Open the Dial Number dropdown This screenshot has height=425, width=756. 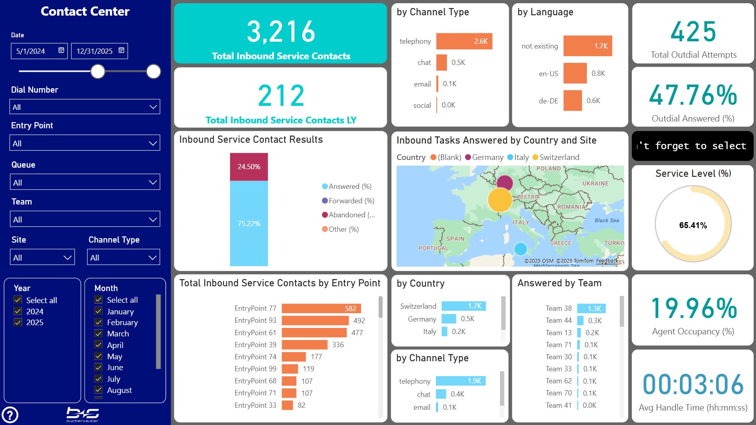(x=85, y=107)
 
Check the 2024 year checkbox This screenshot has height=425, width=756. (x=18, y=311)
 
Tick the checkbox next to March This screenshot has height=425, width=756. (x=99, y=334)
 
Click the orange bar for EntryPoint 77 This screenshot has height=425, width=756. (x=321, y=308)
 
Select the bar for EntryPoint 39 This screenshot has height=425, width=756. (x=304, y=345)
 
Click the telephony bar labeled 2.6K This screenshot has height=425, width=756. (x=464, y=41)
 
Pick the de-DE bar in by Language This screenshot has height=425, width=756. (x=573, y=101)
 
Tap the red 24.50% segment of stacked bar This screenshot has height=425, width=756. (x=249, y=167)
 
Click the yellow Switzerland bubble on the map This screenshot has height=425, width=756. (x=500, y=200)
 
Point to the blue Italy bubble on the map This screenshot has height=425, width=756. (x=520, y=249)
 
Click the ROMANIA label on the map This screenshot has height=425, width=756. (x=571, y=207)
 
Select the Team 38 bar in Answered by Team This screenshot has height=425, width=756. (x=591, y=308)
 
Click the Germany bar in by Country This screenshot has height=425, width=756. (x=449, y=319)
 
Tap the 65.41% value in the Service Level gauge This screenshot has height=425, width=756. (x=693, y=225)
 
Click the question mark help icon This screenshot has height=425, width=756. (x=10, y=415)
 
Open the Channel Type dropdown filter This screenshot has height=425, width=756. (x=123, y=257)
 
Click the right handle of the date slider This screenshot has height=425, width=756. (x=153, y=71)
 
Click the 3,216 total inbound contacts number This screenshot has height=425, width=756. (x=281, y=32)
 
